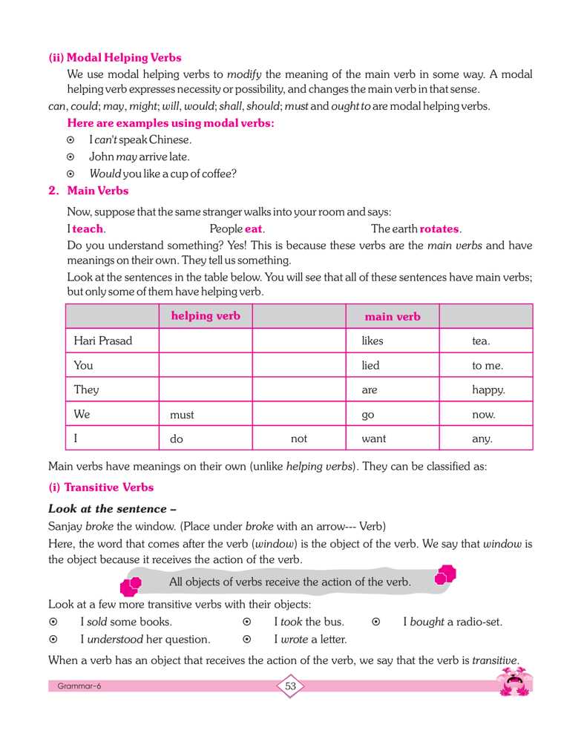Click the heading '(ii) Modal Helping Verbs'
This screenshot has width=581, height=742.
[x=114, y=57]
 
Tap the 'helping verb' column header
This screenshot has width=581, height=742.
[x=206, y=316]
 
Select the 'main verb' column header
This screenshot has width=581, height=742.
[x=393, y=317]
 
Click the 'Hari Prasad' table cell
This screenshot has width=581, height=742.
[x=103, y=341]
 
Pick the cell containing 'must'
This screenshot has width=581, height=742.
[x=182, y=415]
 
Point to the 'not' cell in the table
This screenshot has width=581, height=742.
[x=299, y=439]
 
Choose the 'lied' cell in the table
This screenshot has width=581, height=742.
[x=371, y=365]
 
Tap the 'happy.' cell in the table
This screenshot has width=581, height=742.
[x=488, y=390]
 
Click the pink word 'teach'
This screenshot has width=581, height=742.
[x=88, y=229]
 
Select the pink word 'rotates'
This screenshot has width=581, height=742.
[x=439, y=229]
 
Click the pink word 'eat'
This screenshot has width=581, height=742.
[x=254, y=229]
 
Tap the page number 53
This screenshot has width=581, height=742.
[x=290, y=686]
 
